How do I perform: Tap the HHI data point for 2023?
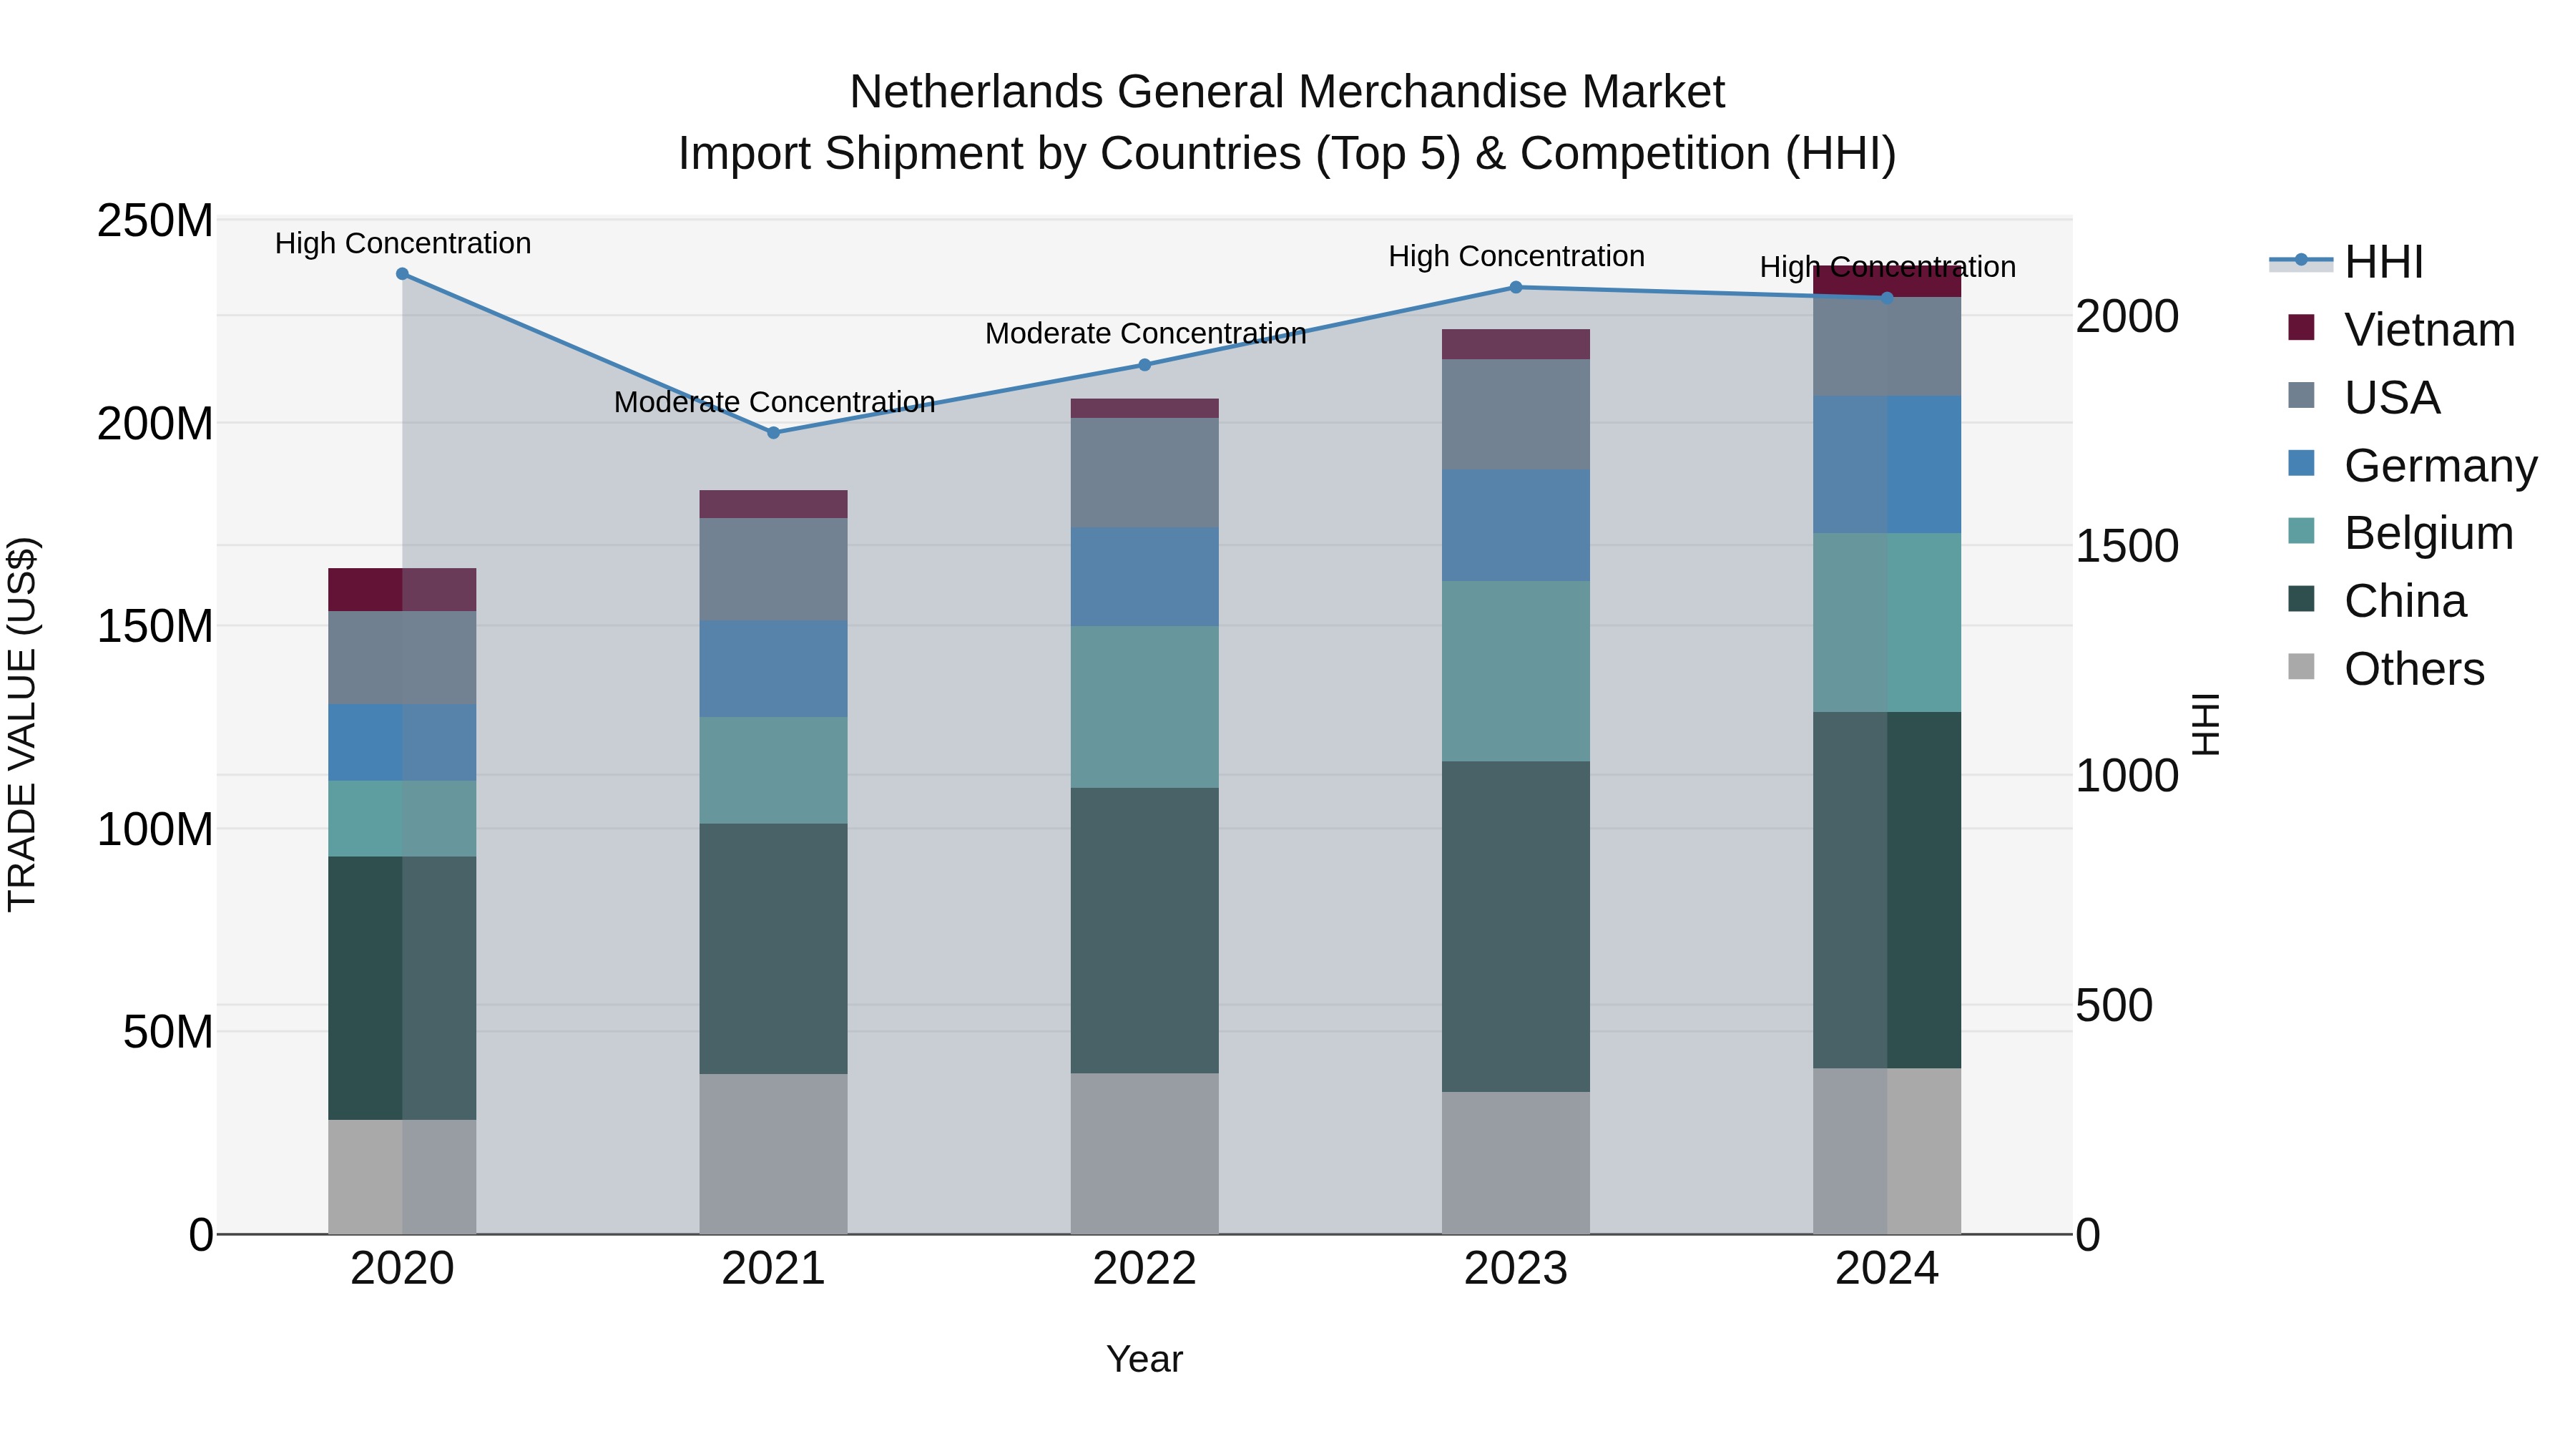pos(1516,287)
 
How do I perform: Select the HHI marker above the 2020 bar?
pos(402,274)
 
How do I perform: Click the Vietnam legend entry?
pos(2428,330)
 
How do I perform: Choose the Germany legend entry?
pos(2439,466)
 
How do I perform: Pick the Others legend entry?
pos(2413,669)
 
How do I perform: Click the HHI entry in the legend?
pos(2383,262)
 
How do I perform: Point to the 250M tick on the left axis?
pos(155,221)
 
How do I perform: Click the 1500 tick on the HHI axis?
pos(2127,546)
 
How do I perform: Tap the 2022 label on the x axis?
pos(1144,1269)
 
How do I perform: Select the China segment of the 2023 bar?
pos(1516,925)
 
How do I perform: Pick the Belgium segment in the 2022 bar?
pos(1144,706)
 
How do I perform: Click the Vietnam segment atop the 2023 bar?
pos(1516,344)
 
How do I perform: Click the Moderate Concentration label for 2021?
pos(774,402)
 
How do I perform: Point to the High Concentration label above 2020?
pos(403,244)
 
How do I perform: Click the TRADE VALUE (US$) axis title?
pos(22,724)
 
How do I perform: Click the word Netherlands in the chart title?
pos(976,92)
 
